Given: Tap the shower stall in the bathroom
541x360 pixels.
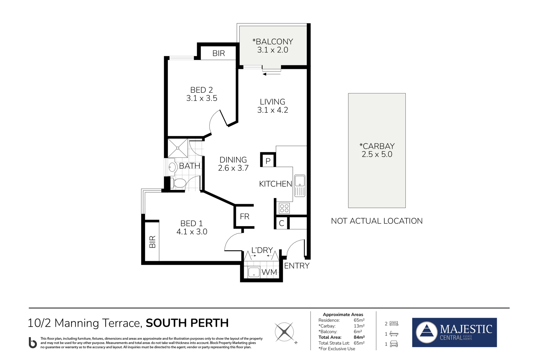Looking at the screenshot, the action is coord(178,148).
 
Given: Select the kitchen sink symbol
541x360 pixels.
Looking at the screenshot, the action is coord(300,186).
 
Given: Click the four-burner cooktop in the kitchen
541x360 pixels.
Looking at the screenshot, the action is coord(284,208).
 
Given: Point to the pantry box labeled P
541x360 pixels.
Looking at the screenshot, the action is coord(268,160).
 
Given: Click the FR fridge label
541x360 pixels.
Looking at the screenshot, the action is coord(245,217).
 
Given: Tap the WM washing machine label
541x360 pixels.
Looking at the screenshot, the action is coord(269,272).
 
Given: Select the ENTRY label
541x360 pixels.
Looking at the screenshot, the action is coord(297,266).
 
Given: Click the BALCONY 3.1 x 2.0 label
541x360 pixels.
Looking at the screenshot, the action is coord(273,46).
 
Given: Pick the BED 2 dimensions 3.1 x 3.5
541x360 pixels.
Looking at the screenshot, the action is coord(202,98).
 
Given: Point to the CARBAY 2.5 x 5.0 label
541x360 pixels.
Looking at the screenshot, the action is coord(377,150).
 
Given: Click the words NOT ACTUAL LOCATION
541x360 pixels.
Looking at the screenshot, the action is coord(377,221).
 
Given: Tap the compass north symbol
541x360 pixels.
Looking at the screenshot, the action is coord(285,332).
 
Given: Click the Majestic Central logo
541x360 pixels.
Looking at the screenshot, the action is coord(454,332).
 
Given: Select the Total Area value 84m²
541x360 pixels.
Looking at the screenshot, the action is coord(359,337).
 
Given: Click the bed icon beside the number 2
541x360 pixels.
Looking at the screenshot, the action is coord(394,323).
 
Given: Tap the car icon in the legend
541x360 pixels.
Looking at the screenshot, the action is coord(394,344).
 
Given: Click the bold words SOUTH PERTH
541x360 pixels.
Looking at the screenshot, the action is coord(187,323).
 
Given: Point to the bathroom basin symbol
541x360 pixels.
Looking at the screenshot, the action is coord(172,167).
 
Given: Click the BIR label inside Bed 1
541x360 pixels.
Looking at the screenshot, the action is coord(152,242).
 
